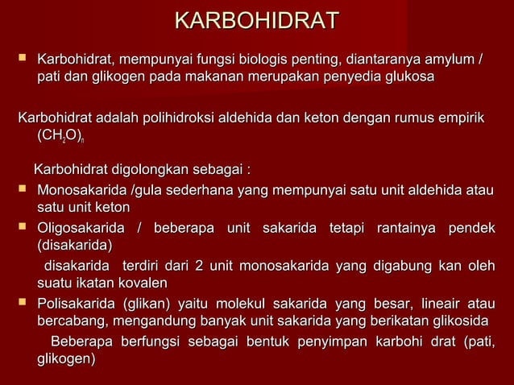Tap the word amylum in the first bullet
[452, 59]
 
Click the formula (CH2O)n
[60, 138]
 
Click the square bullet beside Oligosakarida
[22, 228]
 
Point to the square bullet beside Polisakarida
[22, 304]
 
